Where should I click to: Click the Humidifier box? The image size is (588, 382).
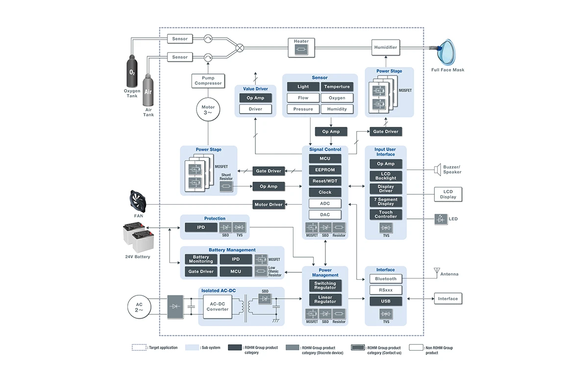pos(386,48)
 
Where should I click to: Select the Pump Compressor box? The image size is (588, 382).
pos(208,81)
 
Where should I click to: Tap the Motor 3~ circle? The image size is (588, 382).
pos(208,110)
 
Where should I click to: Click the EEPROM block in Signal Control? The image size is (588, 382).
pos(325,170)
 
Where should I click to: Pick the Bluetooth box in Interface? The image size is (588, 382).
pos(386,279)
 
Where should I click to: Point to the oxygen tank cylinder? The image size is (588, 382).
pos(132,71)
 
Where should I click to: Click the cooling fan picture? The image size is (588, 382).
pos(138,201)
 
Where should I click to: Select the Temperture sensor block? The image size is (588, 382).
pos(337,87)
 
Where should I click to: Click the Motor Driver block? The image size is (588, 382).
pos(269,204)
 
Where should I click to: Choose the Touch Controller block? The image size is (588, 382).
pos(386,215)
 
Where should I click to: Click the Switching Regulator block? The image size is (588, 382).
pos(325,286)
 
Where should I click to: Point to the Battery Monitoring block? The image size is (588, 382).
pos(201,259)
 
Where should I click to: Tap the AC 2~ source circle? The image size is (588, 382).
pos(139,307)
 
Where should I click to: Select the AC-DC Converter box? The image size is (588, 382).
pos(218,307)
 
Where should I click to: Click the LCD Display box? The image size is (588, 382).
pos(448,194)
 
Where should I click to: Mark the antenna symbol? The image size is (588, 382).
pos(437,272)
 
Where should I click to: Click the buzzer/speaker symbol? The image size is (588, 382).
pos(438,170)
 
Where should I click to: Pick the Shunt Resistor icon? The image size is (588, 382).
pos(226,187)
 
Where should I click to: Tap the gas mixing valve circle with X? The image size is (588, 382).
pos(240,48)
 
